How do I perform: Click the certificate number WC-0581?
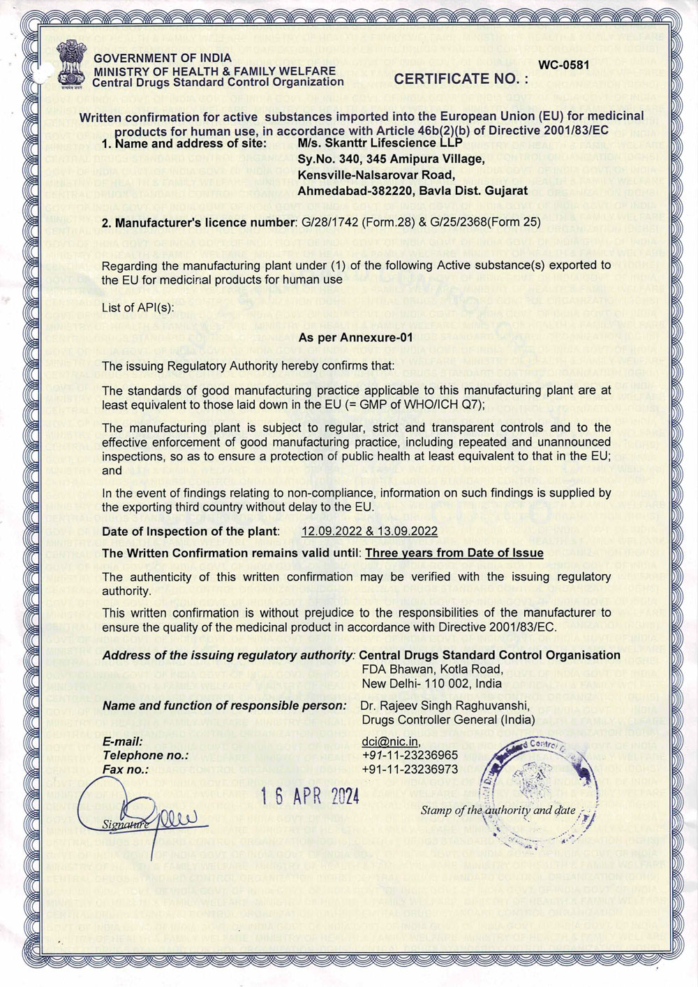point(564,65)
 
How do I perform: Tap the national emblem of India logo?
point(70,66)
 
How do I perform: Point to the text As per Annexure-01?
point(356,337)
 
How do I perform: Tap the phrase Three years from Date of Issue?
point(454,553)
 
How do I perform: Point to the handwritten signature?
point(150,814)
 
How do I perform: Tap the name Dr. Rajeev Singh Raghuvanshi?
point(439,706)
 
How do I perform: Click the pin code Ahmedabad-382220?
point(349,189)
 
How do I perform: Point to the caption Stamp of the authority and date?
point(498,811)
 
